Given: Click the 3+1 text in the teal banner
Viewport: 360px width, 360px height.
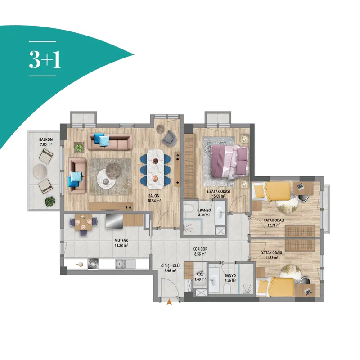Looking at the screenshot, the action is point(45,59).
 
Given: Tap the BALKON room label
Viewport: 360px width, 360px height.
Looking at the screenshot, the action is point(46,139).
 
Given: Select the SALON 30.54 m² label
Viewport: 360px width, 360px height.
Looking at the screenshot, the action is point(154,198).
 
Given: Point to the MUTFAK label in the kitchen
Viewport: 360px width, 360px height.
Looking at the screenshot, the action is point(121,241).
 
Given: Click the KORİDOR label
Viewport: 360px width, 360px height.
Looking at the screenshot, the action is point(200,249).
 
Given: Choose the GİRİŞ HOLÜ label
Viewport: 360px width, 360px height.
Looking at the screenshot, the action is point(170,266).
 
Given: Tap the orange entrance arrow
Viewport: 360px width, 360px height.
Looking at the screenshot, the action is point(169,301).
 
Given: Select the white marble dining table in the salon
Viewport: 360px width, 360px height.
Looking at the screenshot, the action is point(155,169).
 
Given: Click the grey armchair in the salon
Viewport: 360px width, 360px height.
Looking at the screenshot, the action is point(169,138).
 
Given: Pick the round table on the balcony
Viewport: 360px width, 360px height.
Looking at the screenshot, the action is point(40,171).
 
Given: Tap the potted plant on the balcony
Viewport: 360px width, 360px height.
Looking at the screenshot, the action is point(50,201).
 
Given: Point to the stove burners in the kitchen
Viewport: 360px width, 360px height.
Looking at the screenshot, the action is point(93,264).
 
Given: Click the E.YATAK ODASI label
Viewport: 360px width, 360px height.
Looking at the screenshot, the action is point(218,191).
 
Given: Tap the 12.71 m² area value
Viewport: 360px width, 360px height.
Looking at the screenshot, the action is point(274,225).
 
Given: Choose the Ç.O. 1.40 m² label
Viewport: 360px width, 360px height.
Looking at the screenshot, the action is point(200,277).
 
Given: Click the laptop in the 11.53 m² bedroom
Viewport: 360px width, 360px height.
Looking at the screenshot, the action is point(307,292).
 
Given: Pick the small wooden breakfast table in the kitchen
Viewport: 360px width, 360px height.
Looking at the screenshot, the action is point(83,222).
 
